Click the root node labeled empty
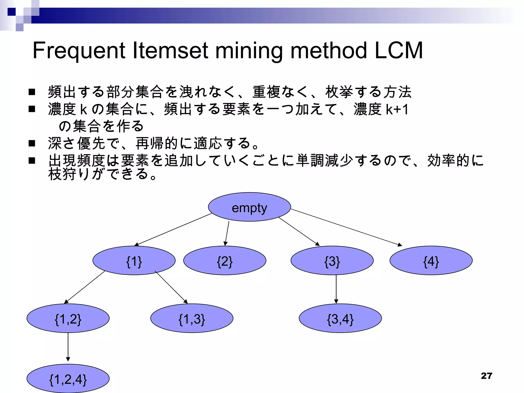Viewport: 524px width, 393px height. (249, 207)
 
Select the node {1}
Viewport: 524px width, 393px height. (134, 261)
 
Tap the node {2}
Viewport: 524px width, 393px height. (225, 261)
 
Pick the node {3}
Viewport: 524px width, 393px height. (332, 261)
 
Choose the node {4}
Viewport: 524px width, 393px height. (431, 261)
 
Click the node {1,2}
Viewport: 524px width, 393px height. (68, 319)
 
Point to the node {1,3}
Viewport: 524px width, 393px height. (192, 319)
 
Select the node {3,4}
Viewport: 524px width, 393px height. (340, 319)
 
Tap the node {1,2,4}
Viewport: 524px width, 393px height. (68, 379)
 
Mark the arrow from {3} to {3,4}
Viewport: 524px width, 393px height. (336, 289)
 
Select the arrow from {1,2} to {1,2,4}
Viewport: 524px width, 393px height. (68, 347)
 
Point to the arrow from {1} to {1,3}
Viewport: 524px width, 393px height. (171, 287)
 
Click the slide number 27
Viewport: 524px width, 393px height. (486, 376)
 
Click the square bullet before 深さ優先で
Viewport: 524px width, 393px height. (32, 143)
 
